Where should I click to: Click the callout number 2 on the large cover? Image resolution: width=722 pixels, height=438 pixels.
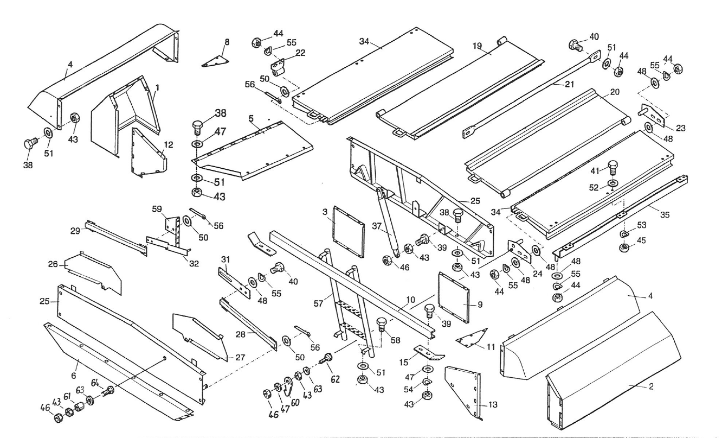tap(650, 386)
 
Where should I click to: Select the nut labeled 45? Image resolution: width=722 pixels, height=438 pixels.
tap(624, 248)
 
